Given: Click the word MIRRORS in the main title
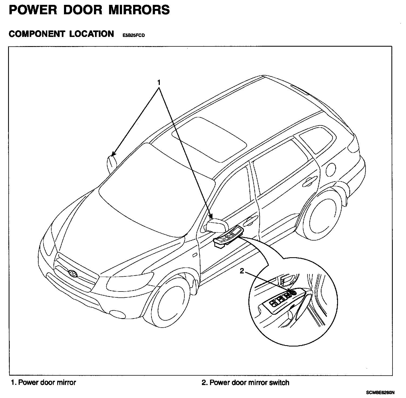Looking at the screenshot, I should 140,10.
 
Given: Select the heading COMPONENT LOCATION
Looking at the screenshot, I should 61,34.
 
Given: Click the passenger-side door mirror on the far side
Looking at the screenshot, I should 111,164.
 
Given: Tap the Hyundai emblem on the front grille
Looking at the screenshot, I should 73,273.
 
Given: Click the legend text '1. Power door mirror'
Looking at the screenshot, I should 43,382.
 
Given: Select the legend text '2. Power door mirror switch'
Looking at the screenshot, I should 245,382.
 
